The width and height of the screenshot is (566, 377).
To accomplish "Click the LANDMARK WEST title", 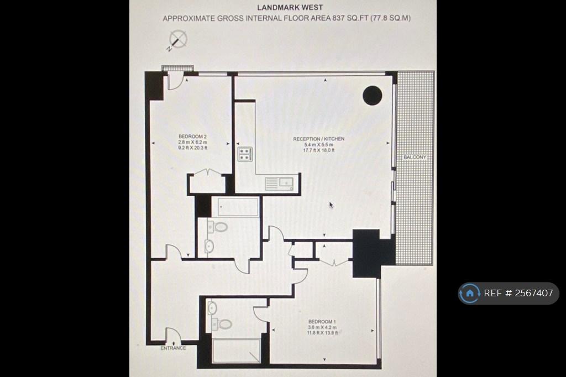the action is [x=290, y=7].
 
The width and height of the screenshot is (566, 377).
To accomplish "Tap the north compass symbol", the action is [x=177, y=40].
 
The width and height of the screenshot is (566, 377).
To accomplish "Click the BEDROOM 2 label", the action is [x=192, y=137].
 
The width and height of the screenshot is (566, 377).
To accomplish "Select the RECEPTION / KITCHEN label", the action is [x=319, y=139].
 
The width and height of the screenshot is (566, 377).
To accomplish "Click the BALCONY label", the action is [x=415, y=157].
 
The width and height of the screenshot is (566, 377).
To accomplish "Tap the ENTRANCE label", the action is [x=173, y=348].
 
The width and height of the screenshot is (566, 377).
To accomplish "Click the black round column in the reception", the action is [x=372, y=96].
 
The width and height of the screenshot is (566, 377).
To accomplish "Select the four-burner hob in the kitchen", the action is [x=245, y=154].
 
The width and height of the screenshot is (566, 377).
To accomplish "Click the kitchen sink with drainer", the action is [x=279, y=184].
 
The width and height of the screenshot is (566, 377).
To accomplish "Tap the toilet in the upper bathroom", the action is [x=218, y=227].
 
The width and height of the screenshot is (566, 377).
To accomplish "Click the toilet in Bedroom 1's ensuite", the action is [x=222, y=324].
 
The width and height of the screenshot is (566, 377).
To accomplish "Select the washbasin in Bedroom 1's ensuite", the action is [x=212, y=308].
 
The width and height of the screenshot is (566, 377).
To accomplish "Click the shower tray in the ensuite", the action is [x=236, y=350].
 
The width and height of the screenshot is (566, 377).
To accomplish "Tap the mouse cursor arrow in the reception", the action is [x=331, y=205].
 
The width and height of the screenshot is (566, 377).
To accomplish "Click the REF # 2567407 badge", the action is [x=509, y=293].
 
